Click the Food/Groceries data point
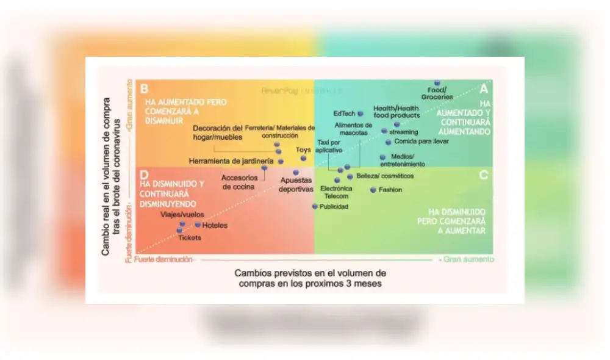pyautogui.click(x=437, y=83)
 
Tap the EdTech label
pyautogui.click(x=344, y=113)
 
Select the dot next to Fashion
pyautogui.click(x=373, y=190)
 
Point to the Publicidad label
pyautogui.click(x=334, y=207)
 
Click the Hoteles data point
pyautogui.click(x=198, y=225)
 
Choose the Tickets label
pyautogui.click(x=189, y=237)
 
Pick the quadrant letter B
pyautogui.click(x=144, y=88)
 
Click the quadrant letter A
pyautogui.click(x=484, y=88)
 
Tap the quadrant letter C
pyautogui.click(x=483, y=176)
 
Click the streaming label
pyautogui.click(x=403, y=132)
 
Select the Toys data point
pyautogui.click(x=303, y=158)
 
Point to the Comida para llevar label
pyautogui.click(x=422, y=142)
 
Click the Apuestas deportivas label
pyautogui.click(x=296, y=185)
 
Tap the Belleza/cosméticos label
pyautogui.click(x=385, y=176)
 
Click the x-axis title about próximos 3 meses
pyautogui.click(x=310, y=278)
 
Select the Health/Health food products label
pyautogui.click(x=396, y=112)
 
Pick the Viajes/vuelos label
pyautogui.click(x=182, y=215)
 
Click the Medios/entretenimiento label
pyautogui.click(x=403, y=160)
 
